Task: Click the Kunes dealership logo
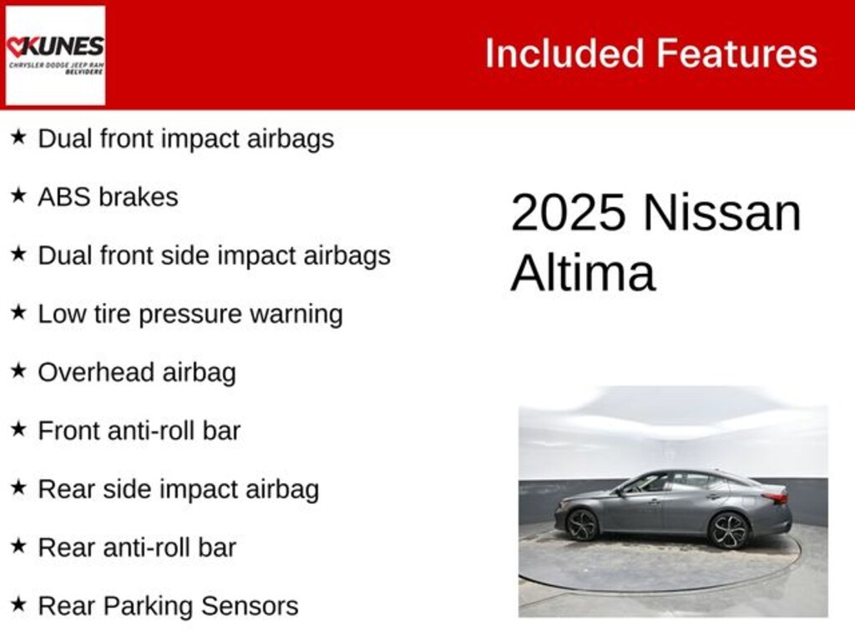[x=55, y=55]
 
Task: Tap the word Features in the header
[x=736, y=53]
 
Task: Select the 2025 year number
[x=568, y=213]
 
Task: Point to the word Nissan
[x=721, y=213]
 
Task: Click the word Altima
[x=582, y=273]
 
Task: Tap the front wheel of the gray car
[x=581, y=524]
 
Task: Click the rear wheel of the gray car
[x=728, y=529]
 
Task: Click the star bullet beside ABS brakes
[x=18, y=196]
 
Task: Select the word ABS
[x=64, y=197]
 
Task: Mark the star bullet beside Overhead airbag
[x=18, y=371]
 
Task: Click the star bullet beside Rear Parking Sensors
[x=18, y=605]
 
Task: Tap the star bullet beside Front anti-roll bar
[x=18, y=430]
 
